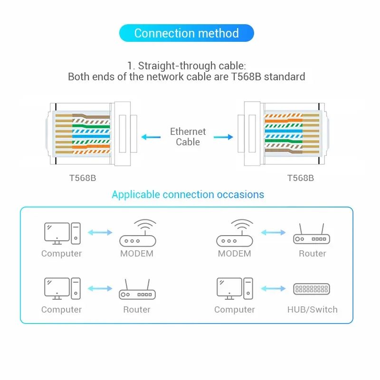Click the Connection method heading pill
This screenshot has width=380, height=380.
coord(186,33)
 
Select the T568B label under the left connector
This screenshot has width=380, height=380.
coord(83,178)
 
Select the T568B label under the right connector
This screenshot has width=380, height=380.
coord(300,178)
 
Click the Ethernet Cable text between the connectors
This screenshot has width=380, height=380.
coord(188,137)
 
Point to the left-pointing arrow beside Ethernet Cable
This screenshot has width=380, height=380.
coord(151,137)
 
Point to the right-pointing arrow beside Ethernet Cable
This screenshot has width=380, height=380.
coord(223,137)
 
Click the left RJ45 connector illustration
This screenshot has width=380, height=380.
coord(90,134)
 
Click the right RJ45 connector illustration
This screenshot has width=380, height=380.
coord(285,134)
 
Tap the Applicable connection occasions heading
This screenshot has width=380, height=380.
coord(188,194)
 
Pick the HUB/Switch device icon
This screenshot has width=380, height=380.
coord(312,289)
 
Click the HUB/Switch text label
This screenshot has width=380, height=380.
coord(312,310)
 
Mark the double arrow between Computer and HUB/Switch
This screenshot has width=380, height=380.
coord(273,288)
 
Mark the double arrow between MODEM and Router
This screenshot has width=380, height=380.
coord(273,233)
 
